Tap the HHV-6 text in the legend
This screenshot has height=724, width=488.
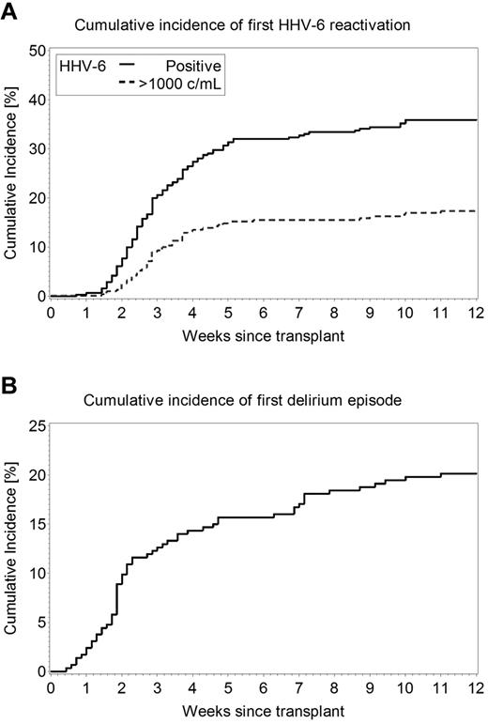click(82, 66)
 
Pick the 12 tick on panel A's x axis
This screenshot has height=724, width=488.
click(476, 311)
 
